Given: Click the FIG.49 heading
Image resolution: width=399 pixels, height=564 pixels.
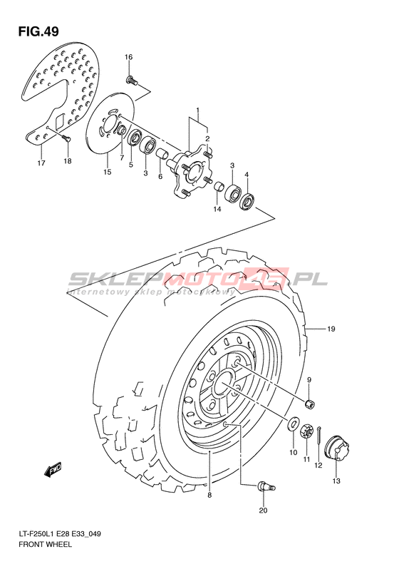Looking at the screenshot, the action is click(x=38, y=31).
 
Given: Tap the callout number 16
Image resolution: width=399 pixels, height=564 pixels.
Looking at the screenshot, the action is click(x=128, y=57).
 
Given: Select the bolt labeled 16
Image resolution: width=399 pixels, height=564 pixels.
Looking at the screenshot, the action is click(x=132, y=80).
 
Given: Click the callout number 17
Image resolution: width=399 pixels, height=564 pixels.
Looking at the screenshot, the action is click(x=41, y=163).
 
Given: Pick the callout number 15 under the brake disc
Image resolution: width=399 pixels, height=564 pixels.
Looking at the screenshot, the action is click(x=107, y=172).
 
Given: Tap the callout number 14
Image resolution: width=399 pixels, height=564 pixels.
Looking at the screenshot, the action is click(x=217, y=209).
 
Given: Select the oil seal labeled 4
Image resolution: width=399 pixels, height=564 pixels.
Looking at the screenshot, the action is click(x=248, y=201).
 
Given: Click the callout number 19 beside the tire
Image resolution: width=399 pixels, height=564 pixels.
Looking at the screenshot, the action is click(x=331, y=329).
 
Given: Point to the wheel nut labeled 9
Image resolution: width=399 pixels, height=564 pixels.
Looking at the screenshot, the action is click(x=309, y=404).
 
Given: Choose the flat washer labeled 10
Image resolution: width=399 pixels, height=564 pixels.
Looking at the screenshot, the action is click(x=294, y=424).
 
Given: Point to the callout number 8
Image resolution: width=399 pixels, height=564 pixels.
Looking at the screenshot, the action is click(x=209, y=496).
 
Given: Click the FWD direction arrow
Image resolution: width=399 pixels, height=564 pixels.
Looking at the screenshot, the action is click(x=53, y=470).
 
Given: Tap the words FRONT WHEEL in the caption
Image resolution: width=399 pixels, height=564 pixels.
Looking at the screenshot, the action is click(x=45, y=544).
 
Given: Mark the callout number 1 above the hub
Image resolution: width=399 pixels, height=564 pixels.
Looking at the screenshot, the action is click(x=197, y=110).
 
